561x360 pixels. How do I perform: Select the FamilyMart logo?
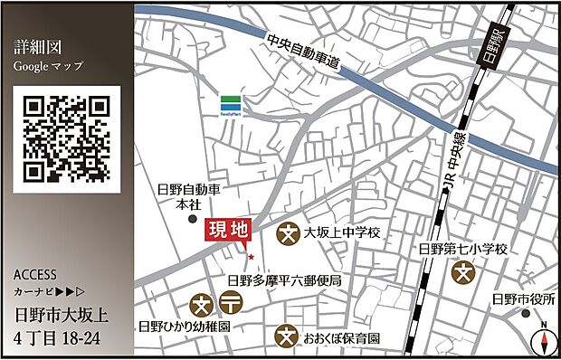(233, 104)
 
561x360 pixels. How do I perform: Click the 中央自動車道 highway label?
(303, 52)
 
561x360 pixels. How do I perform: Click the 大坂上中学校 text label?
(342, 232)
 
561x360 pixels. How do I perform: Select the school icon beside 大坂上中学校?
(289, 232)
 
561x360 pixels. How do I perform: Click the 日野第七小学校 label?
(462, 248)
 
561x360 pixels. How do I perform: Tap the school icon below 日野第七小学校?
(464, 270)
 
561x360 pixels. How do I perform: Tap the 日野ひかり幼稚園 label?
(182, 324)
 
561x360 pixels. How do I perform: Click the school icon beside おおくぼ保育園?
(287, 336)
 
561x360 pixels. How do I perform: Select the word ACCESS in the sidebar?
(36, 274)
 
